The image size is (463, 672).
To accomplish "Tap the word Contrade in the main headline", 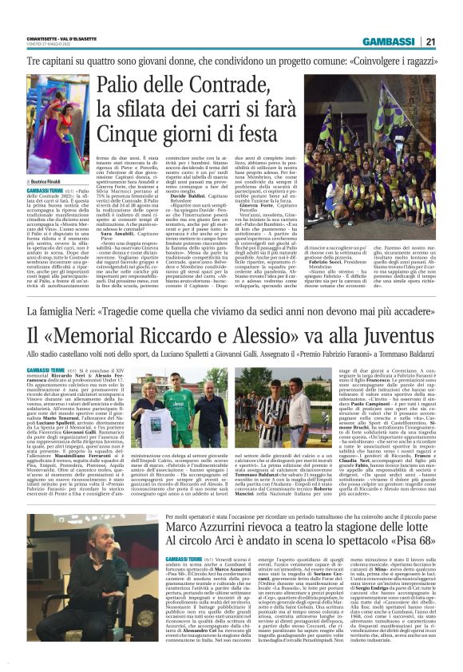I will pos(218,85).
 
